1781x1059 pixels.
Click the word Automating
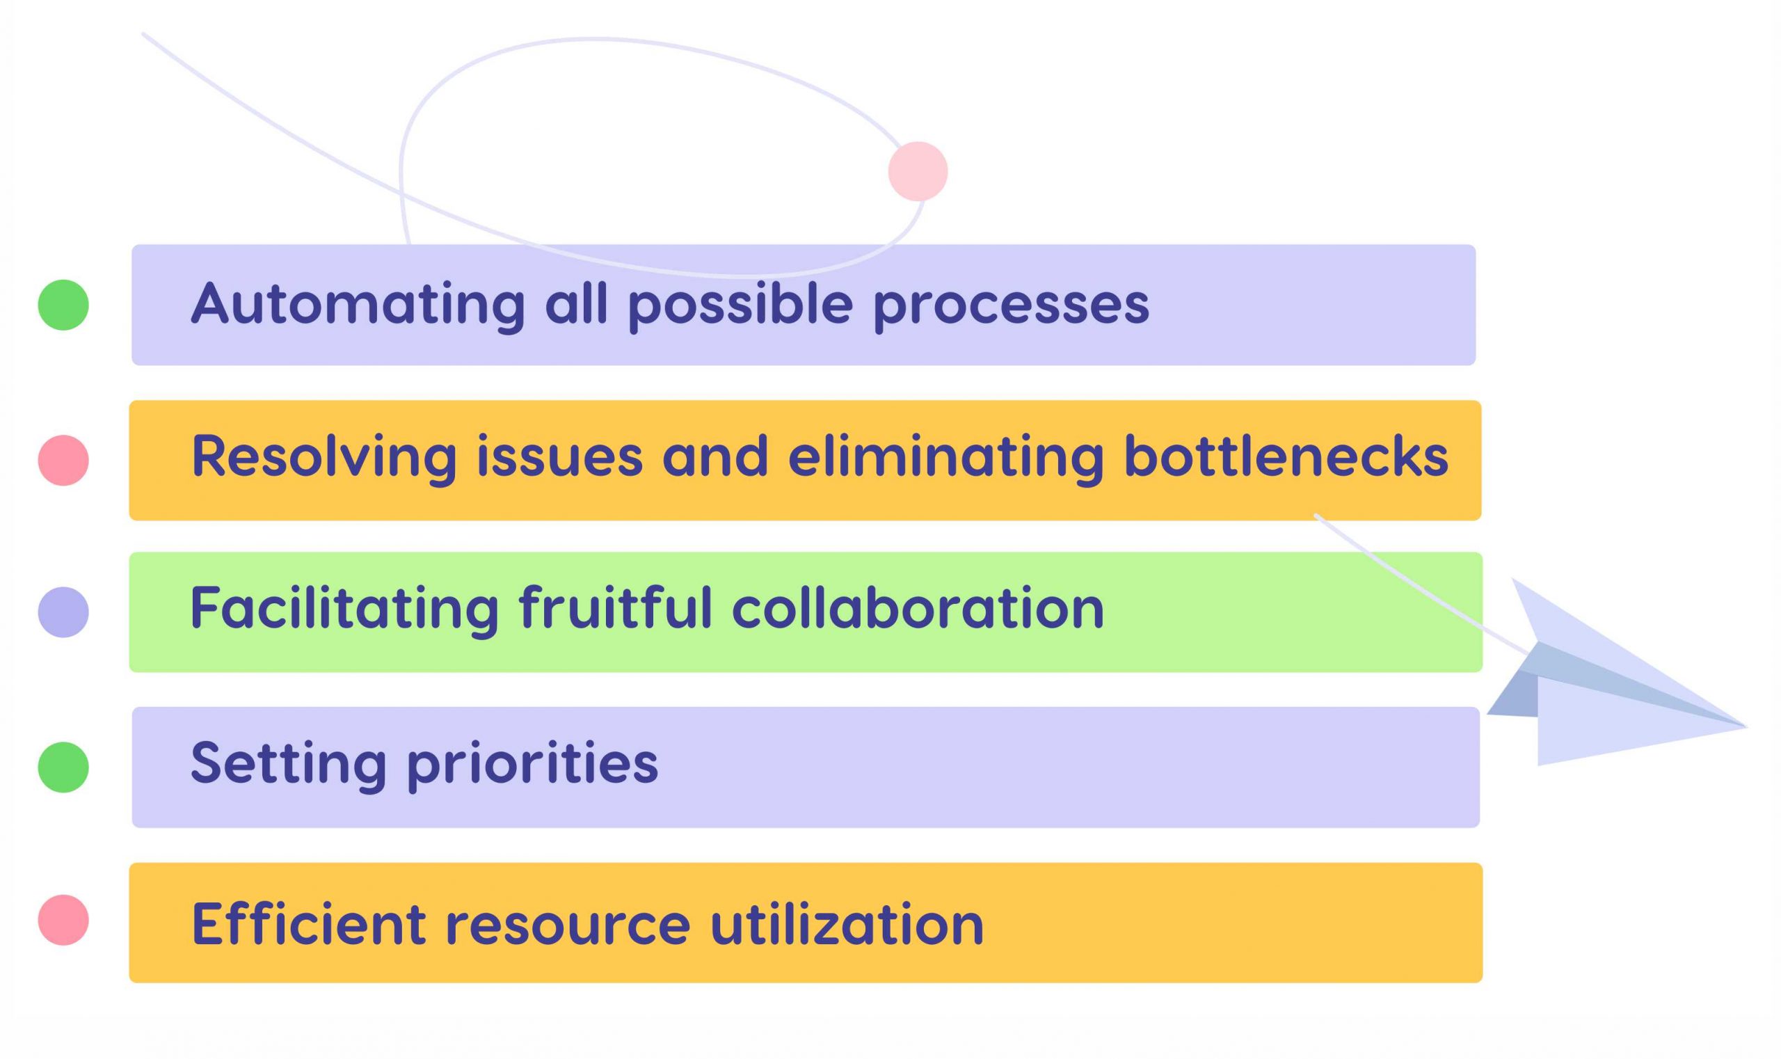[358, 305]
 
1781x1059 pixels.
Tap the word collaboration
[918, 609]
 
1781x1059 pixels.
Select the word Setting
[288, 764]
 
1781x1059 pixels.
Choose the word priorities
[532, 764]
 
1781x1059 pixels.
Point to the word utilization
[847, 924]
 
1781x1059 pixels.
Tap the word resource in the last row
[568, 924]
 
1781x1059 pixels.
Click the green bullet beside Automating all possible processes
[63, 305]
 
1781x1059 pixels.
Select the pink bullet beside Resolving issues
[63, 461]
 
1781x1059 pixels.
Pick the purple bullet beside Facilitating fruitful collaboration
[63, 612]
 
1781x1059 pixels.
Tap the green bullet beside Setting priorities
[63, 767]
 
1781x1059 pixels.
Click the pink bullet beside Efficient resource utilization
[63, 920]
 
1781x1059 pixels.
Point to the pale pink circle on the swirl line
[918, 171]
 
